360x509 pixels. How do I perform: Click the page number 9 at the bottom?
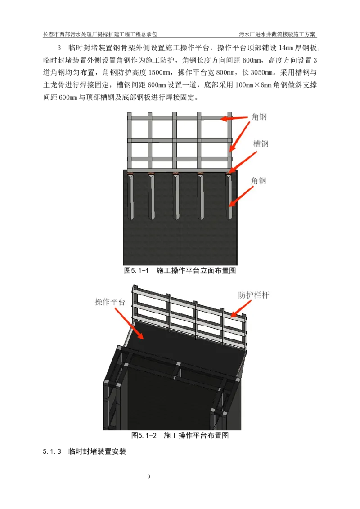tap(149, 477)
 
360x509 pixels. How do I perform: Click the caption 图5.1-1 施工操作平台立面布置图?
tap(180, 270)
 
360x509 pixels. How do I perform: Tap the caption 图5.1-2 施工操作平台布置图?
tap(180, 435)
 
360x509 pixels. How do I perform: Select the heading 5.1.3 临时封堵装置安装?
tap(84, 451)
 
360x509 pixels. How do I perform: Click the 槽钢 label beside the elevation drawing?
tap(261, 144)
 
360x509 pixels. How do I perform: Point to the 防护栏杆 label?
tap(254, 295)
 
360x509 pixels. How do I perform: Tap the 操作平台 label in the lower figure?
tap(110, 302)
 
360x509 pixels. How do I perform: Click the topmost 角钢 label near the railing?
tap(259, 117)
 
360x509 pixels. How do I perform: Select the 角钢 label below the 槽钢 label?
tap(259, 181)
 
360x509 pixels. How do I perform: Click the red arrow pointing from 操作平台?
tap(129, 323)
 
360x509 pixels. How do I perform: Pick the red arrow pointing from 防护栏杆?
tap(241, 309)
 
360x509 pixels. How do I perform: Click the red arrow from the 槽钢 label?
tap(243, 162)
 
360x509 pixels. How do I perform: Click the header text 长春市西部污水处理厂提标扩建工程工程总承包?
tap(100, 34)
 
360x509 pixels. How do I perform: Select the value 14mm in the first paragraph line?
tap(286, 48)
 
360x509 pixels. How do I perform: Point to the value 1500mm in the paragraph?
tap(157, 72)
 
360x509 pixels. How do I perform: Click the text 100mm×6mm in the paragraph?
tap(253, 85)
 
